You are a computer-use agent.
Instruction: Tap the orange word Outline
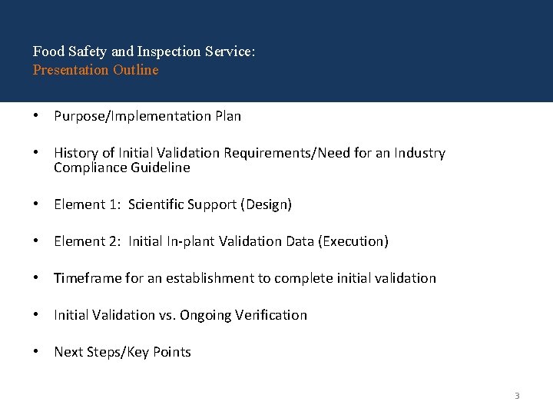135,70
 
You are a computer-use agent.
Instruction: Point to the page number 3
517,396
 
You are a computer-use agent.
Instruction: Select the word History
75,153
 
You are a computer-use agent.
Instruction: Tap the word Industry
419,153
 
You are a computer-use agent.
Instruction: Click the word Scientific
160,204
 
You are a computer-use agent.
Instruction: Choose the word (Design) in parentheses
267,204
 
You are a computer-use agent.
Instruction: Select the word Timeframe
88,278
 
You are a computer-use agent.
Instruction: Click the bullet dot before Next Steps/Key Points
36,352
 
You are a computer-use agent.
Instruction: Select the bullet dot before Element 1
36,204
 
